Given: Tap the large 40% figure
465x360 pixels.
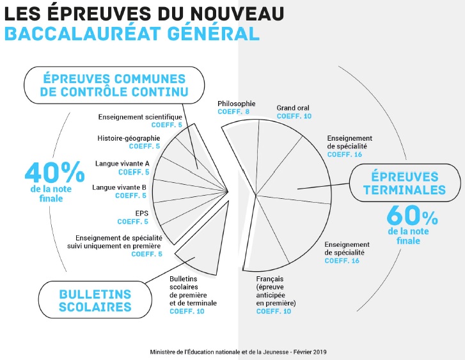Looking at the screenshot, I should (x=54, y=174).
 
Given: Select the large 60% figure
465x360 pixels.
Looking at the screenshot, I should (x=412, y=214).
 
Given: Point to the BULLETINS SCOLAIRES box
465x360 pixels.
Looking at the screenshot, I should (x=95, y=300).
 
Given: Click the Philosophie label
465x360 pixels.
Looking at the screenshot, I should (x=236, y=103).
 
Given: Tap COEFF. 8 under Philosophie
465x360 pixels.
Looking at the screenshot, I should (x=233, y=112).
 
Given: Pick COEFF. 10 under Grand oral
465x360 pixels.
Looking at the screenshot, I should (x=294, y=116).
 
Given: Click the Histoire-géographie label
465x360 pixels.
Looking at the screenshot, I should (x=129, y=137).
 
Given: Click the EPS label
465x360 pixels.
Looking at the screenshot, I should (x=142, y=213).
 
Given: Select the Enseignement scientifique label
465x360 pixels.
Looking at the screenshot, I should (x=140, y=117).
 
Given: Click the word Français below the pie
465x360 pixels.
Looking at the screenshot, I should (x=269, y=279).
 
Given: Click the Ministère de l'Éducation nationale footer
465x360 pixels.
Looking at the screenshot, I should (x=238, y=352).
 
